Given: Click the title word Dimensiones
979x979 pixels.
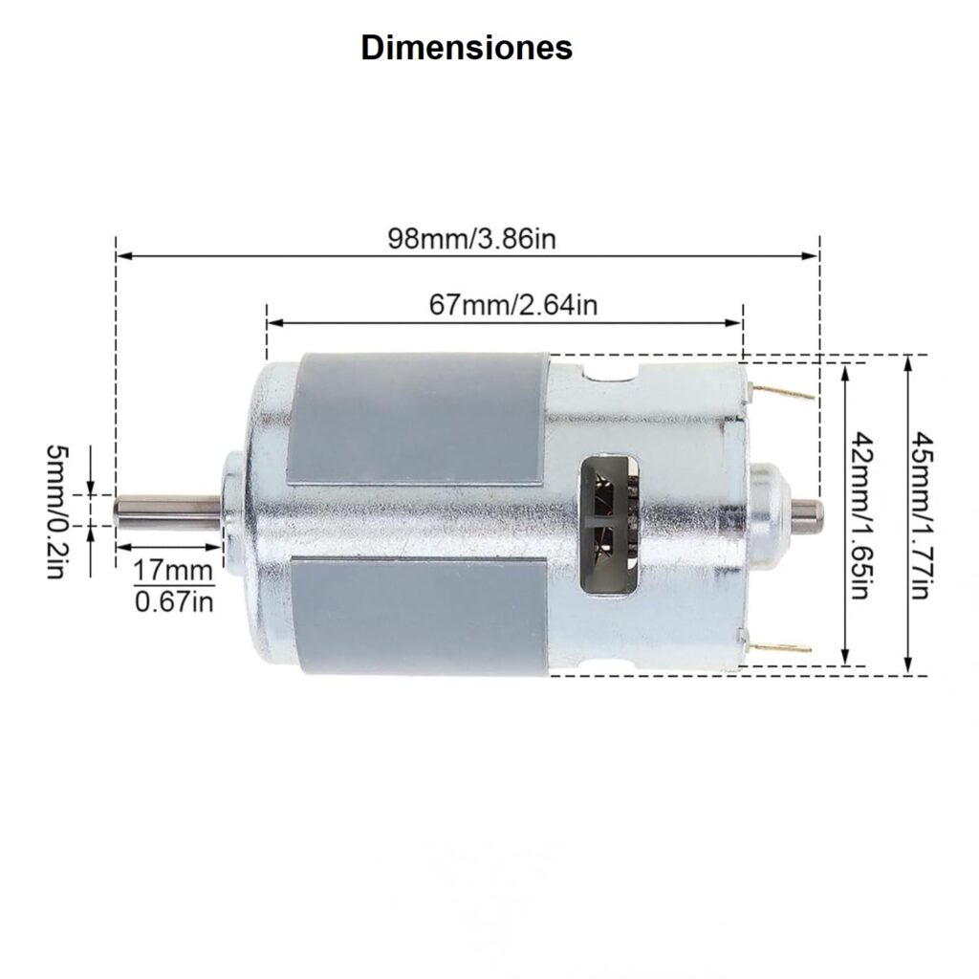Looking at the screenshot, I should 467,48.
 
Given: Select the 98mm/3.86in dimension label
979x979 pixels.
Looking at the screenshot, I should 471,238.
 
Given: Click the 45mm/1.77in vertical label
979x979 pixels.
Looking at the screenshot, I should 922,516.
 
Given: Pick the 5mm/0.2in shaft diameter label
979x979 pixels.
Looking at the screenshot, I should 56,511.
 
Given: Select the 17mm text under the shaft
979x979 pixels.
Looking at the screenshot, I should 173,572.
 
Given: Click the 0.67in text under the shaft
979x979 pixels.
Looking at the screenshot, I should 173,602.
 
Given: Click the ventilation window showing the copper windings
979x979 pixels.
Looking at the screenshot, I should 608,523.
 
